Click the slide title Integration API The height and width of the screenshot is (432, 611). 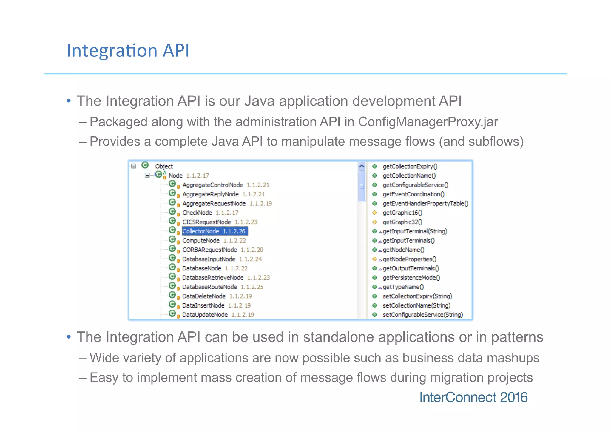(128, 50)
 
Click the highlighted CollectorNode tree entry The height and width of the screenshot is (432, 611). (214, 231)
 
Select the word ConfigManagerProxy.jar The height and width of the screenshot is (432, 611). (428, 122)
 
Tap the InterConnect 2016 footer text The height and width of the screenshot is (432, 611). (473, 397)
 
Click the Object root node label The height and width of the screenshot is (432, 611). (164, 166)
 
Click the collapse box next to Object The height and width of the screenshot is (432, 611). (134, 166)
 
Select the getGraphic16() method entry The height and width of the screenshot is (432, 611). (402, 213)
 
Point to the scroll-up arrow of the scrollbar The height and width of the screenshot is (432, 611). (362, 166)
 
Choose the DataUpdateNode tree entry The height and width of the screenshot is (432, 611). (205, 315)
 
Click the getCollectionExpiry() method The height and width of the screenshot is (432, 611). (410, 166)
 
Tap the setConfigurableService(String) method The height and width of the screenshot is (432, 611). (422, 315)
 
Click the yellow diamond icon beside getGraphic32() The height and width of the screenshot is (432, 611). (375, 222)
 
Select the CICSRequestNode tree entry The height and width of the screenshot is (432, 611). (206, 222)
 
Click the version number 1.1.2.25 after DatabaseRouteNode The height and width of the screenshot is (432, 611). (252, 287)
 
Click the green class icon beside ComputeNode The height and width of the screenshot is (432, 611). (172, 239)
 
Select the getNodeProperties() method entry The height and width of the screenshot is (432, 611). (409, 259)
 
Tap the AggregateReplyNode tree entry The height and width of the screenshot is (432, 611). (210, 194)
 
